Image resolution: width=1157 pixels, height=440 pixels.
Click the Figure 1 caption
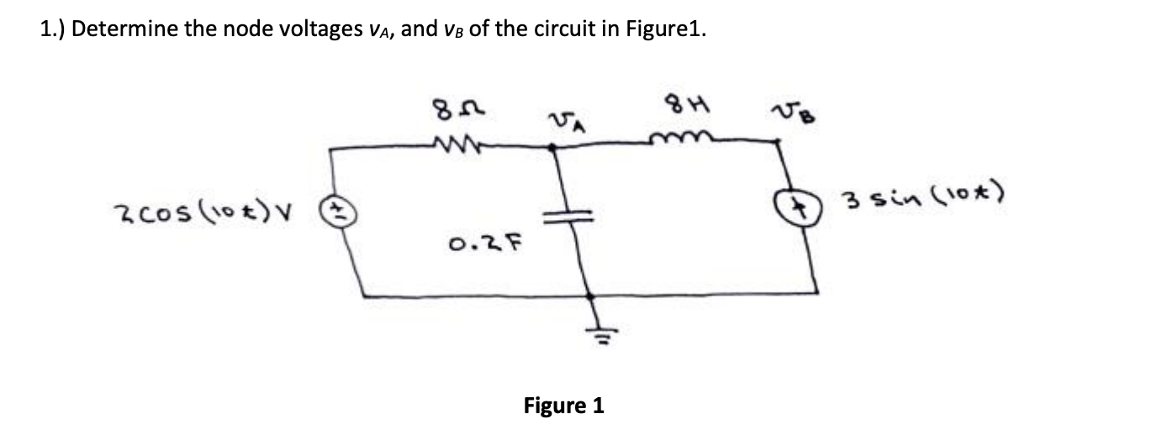point(563,406)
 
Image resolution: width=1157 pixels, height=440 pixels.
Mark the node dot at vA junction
point(552,148)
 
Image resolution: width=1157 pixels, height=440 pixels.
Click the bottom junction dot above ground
point(590,296)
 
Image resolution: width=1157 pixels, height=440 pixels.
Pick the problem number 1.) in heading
point(55,29)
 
